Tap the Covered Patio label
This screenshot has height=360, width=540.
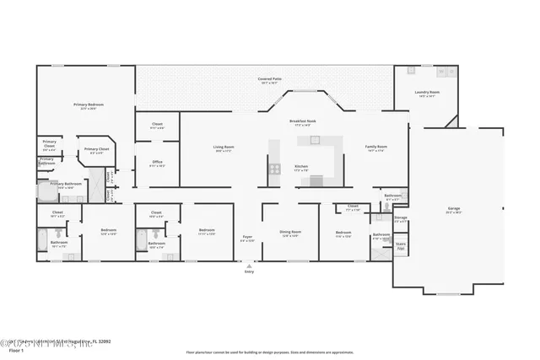[x=270, y=78]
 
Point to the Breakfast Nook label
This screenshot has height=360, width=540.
[x=303, y=121]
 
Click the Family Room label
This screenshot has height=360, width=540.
[x=375, y=147]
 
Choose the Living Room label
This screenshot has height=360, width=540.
[x=224, y=147]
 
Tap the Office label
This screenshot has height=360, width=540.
[x=158, y=162]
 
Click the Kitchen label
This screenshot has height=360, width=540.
[x=301, y=167]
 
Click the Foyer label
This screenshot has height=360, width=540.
[x=247, y=237]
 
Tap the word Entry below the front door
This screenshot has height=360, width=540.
[x=249, y=272]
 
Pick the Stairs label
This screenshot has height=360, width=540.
[x=401, y=244]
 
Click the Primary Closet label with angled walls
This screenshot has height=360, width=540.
[x=97, y=149]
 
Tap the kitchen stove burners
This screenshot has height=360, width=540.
[x=275, y=169]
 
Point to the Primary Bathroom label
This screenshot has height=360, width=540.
[x=66, y=183]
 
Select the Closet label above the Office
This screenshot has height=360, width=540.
[x=158, y=124]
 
